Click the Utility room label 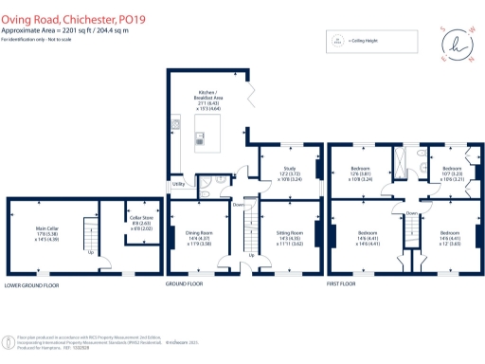point(177,184)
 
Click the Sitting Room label point(289,236)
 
